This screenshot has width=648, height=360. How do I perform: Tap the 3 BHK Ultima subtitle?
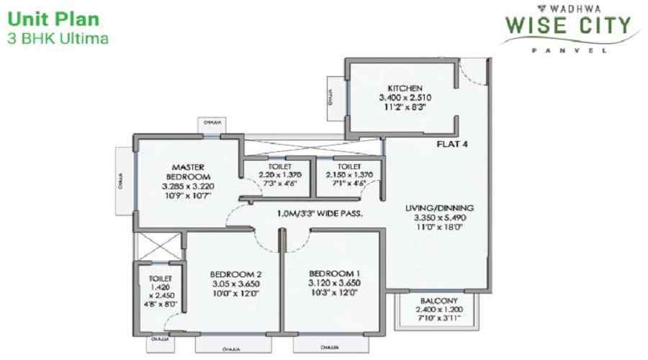(x=58, y=38)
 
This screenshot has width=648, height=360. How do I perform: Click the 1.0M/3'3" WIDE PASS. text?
(x=318, y=214)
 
